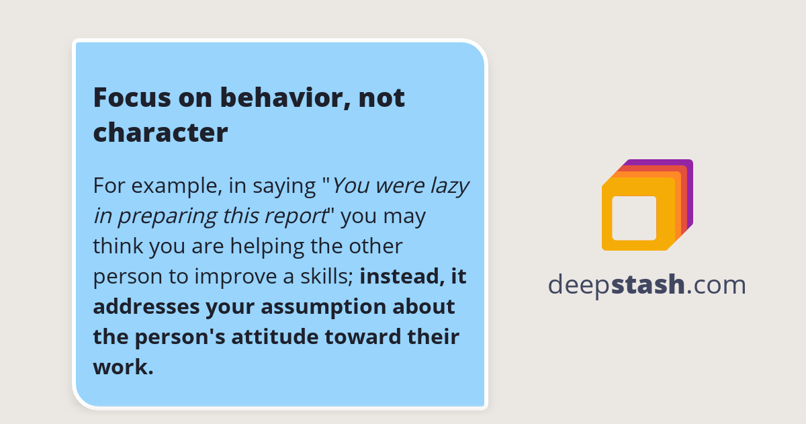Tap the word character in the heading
161,132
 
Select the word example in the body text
173,185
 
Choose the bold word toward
359,337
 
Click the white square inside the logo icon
634,218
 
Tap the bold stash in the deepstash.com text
648,285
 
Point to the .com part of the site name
716,285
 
